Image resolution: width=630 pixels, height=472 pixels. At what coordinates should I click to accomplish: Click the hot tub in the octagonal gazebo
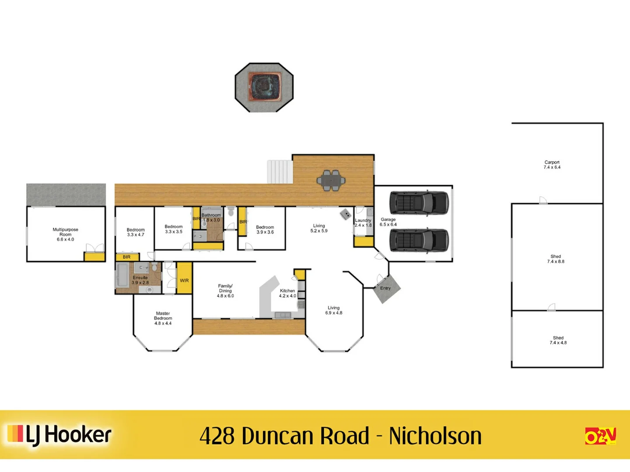pyautogui.click(x=264, y=87)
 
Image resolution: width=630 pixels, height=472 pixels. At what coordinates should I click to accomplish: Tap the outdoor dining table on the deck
pyautogui.click(x=331, y=180)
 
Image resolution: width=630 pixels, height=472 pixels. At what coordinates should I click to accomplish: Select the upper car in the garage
pyautogui.click(x=419, y=203)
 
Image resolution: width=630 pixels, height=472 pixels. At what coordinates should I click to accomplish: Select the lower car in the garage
pyautogui.click(x=419, y=240)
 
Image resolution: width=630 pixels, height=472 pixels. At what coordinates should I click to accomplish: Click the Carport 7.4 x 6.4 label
pyautogui.click(x=552, y=165)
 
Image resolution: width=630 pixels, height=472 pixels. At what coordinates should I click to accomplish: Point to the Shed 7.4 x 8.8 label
pyautogui.click(x=556, y=259)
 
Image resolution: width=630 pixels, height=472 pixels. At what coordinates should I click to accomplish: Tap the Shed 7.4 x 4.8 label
pyautogui.click(x=558, y=340)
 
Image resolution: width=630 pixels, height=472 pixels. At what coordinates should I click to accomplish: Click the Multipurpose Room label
pyautogui.click(x=65, y=234)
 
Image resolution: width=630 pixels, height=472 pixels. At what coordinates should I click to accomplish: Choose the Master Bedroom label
pyautogui.click(x=163, y=318)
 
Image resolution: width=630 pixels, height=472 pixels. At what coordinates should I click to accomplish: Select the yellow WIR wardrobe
pyautogui.click(x=184, y=278)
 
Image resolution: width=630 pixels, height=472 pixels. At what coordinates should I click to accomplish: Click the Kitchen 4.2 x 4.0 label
pyautogui.click(x=287, y=293)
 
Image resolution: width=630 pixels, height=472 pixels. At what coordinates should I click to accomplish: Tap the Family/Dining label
pyautogui.click(x=225, y=291)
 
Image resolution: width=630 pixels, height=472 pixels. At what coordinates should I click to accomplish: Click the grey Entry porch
pyautogui.click(x=386, y=289)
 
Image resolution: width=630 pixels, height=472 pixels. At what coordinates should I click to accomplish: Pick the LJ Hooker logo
pyautogui.click(x=59, y=435)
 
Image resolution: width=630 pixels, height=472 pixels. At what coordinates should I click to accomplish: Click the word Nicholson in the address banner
pyautogui.click(x=435, y=436)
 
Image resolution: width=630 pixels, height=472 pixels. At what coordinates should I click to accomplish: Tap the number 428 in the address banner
pyautogui.click(x=217, y=436)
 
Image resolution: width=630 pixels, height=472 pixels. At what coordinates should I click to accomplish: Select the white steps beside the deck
pyautogui.click(x=280, y=172)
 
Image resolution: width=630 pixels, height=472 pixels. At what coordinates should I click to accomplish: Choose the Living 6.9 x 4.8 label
pyautogui.click(x=333, y=310)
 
